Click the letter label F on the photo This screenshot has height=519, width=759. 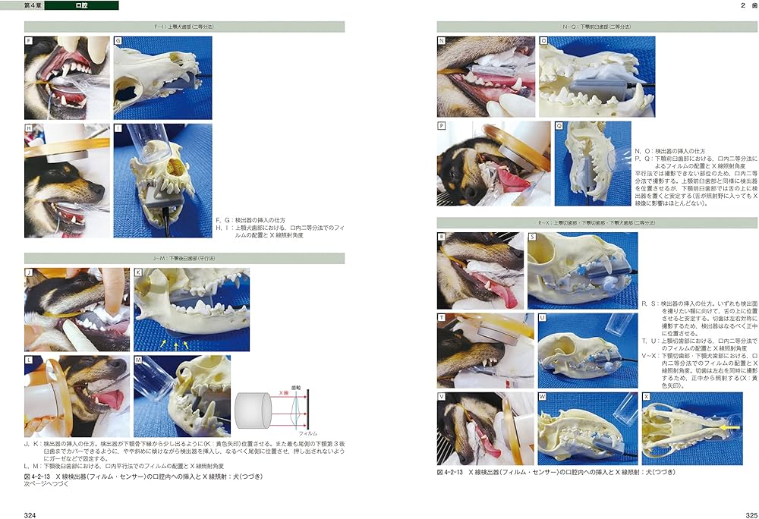click(29, 40)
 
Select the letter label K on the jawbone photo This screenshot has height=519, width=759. click(138, 272)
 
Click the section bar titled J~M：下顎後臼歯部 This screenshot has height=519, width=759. click(184, 258)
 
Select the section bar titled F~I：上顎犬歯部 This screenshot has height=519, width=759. click(184, 27)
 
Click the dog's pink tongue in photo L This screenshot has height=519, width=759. click(112, 400)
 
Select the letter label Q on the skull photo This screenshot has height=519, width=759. click(559, 126)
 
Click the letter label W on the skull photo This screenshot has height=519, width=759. click(542, 396)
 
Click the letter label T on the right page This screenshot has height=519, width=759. click(442, 316)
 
